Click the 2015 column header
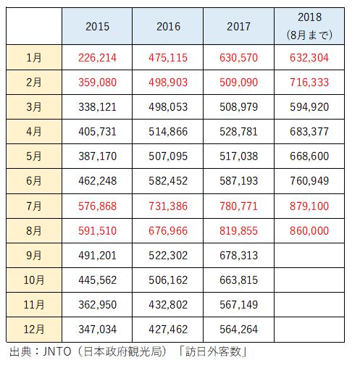(x=97, y=26)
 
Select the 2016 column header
(x=168, y=26)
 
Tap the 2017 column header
(x=238, y=26)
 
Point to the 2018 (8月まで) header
(x=309, y=26)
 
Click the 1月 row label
(x=34, y=58)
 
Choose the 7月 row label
(x=34, y=206)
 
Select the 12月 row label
(x=34, y=330)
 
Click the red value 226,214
(x=97, y=58)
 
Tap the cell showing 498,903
(x=168, y=83)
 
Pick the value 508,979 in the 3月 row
(x=239, y=107)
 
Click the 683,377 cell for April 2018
(x=309, y=132)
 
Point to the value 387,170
(x=97, y=156)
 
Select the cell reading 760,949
(x=309, y=181)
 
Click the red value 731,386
(x=168, y=206)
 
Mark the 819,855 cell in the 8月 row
(x=239, y=231)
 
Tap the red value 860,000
(x=309, y=231)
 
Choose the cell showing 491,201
(x=97, y=256)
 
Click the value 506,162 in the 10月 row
(x=168, y=280)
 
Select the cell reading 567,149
(x=239, y=305)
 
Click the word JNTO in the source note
(x=57, y=351)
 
